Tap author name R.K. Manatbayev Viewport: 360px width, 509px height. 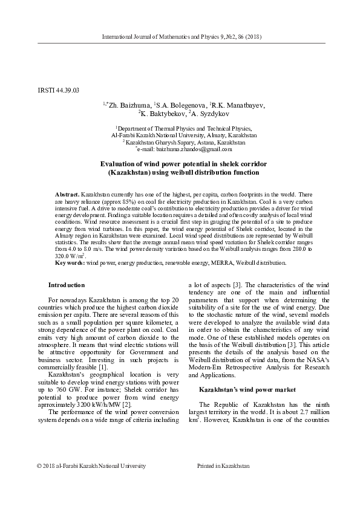tap(238, 105)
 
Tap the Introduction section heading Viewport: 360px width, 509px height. tap(67, 285)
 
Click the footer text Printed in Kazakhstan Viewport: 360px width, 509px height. tap(223, 482)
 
